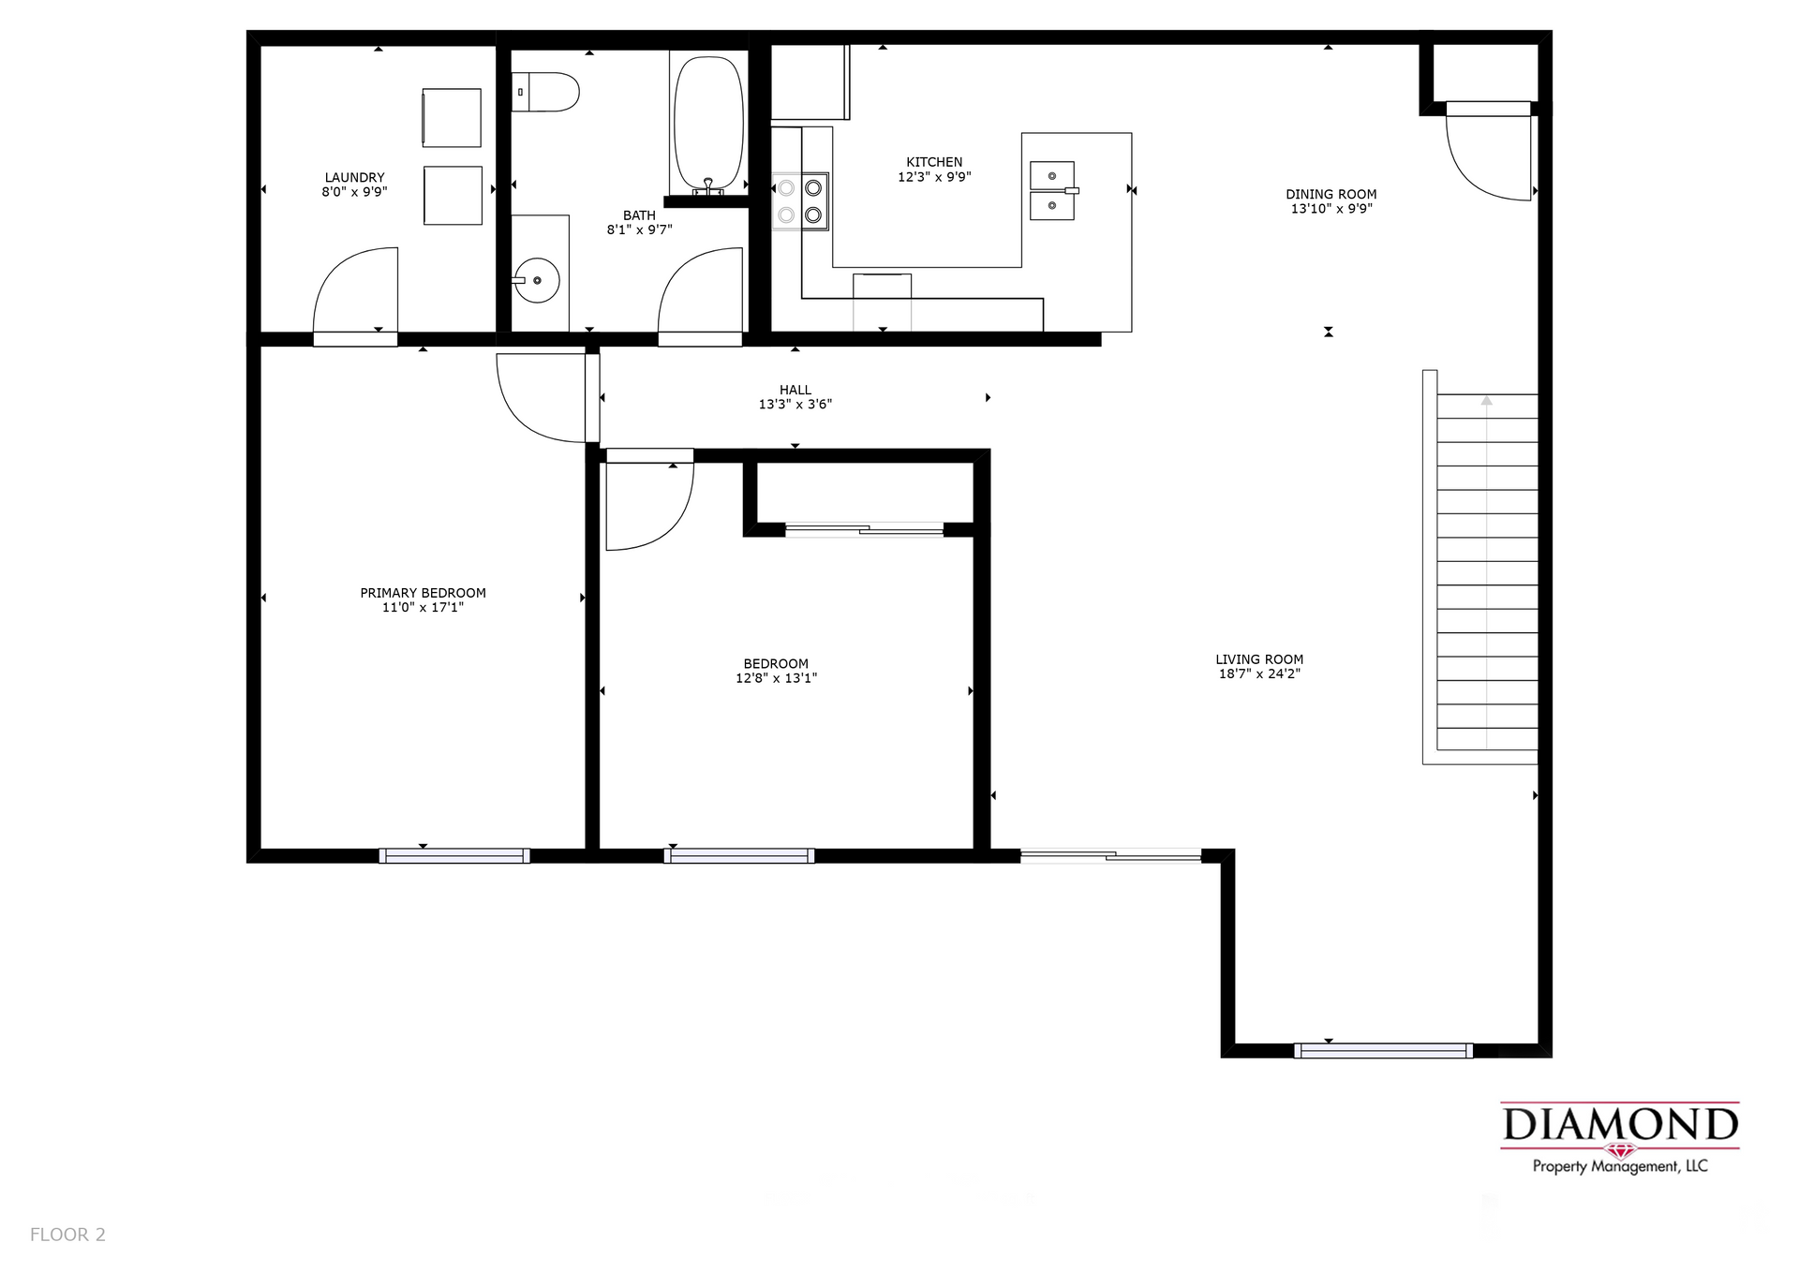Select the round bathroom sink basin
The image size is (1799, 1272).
tap(537, 280)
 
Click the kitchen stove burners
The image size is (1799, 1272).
tap(800, 201)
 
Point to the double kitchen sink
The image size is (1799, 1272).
tap(1052, 190)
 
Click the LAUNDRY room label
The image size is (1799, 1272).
tap(354, 177)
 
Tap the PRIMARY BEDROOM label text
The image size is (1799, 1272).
tap(423, 593)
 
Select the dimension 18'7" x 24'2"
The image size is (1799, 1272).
tap(1259, 673)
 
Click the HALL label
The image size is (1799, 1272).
tap(795, 390)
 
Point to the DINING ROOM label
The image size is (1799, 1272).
tap(1331, 195)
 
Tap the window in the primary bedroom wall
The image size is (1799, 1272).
tap(454, 855)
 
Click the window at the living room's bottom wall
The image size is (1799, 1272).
tap(1383, 1050)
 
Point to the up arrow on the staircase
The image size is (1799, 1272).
tap(1486, 401)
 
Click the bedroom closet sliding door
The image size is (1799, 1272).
tap(864, 530)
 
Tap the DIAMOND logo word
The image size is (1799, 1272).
tap(1620, 1125)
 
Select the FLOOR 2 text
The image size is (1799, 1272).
tap(67, 1235)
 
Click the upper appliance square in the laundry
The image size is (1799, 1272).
tap(452, 118)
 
